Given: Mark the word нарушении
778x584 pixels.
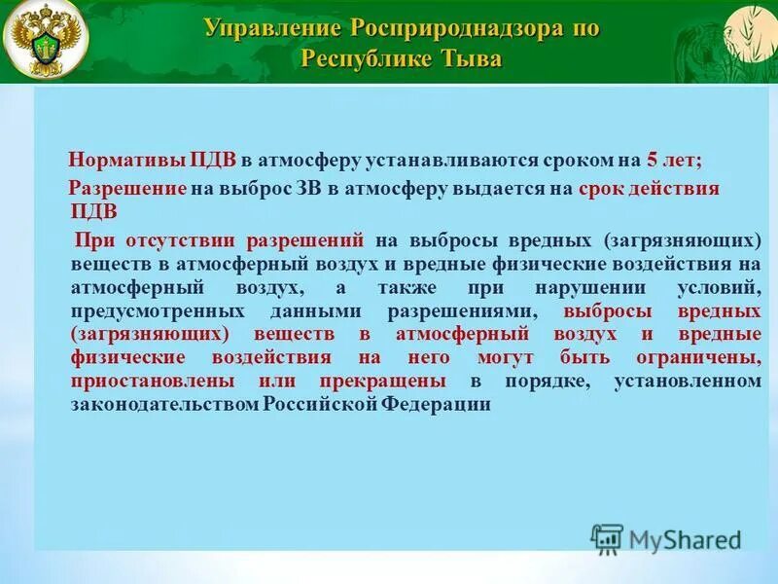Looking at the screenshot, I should [x=605, y=288].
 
